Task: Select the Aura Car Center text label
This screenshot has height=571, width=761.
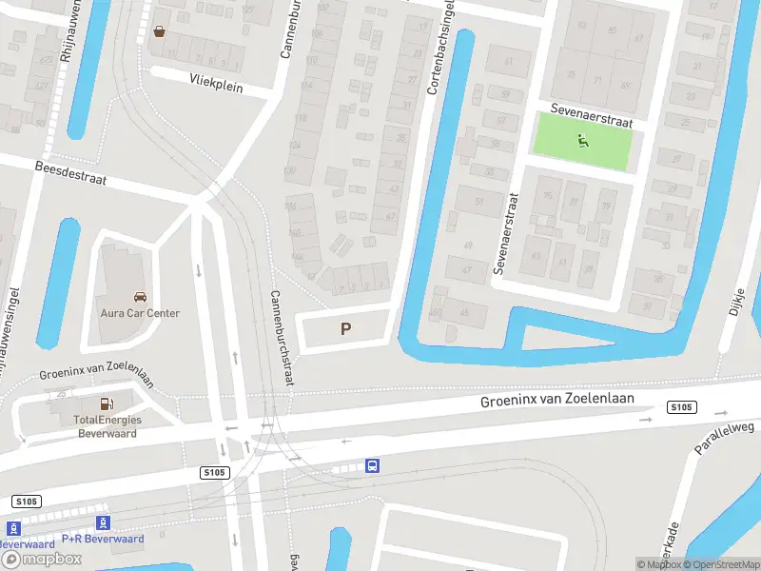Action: point(140,313)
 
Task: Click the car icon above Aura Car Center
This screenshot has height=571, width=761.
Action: point(140,297)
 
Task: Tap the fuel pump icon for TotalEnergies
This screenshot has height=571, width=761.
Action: point(106,404)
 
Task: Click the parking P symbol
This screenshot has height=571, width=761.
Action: point(346,329)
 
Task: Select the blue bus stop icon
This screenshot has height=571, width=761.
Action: point(373,465)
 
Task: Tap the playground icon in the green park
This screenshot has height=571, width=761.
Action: point(582,143)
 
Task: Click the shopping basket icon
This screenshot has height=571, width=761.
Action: point(159,30)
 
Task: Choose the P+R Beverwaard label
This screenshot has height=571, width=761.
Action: point(103,539)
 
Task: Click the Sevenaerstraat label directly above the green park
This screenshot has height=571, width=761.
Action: point(591,118)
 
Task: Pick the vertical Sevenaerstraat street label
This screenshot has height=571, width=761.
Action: point(505,234)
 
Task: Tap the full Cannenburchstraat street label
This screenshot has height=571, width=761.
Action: point(281,337)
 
